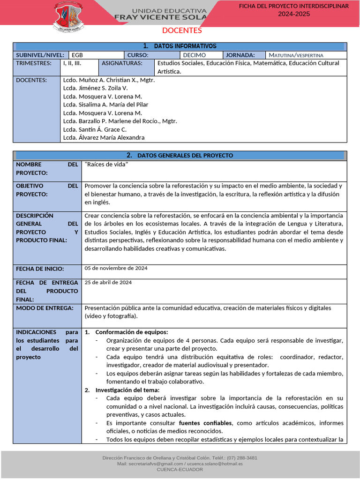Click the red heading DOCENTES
[x=182, y=31]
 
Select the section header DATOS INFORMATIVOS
[x=180, y=46]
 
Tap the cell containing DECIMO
[x=194, y=55]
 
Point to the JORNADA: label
[x=240, y=55]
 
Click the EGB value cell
[x=77, y=55]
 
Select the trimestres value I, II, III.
[x=72, y=63]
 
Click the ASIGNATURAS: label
[x=122, y=63]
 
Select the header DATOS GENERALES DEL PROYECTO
[x=180, y=156]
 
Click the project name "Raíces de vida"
[x=106, y=165]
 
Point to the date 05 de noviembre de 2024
[x=116, y=268]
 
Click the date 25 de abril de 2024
[x=108, y=282]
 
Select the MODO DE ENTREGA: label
[x=45, y=308]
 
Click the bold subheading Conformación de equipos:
[x=131, y=332]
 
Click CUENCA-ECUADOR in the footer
[x=180, y=469]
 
